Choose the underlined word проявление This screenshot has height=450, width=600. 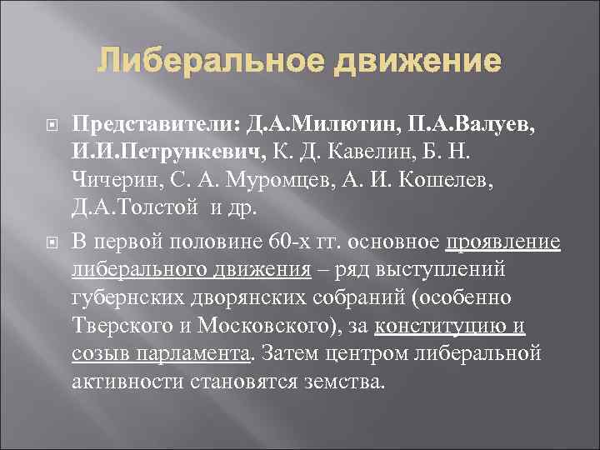(x=503, y=242)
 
